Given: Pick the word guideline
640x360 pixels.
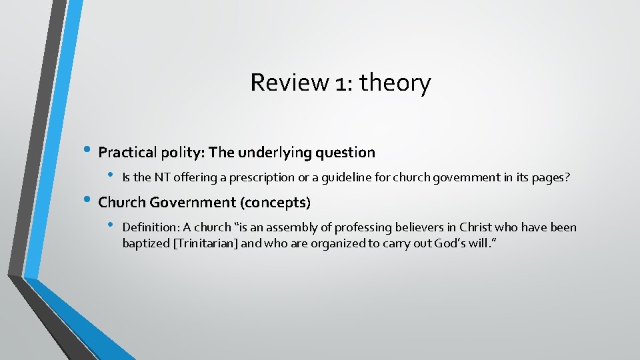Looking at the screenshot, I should point(347,177).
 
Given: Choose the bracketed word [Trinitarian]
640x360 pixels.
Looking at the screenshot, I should point(205,243).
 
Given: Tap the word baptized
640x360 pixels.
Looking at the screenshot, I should point(145,243).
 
